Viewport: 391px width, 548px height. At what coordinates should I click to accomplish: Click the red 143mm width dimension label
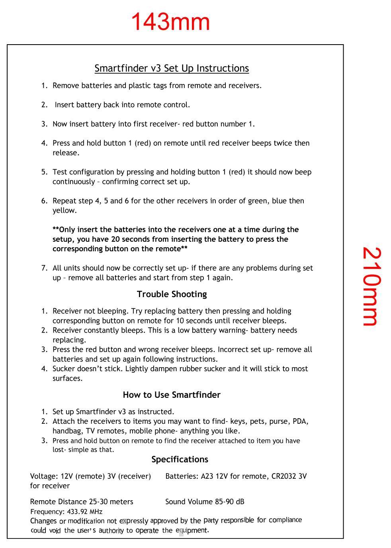(x=170, y=22)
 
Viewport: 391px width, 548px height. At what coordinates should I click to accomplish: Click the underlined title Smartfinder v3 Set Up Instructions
(x=172, y=68)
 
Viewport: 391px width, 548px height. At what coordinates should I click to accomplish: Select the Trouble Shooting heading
(x=172, y=294)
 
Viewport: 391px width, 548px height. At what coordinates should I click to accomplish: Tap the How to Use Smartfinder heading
(x=171, y=395)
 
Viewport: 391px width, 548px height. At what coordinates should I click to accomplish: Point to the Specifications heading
(x=180, y=460)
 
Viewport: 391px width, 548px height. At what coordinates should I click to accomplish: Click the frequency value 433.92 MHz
(x=84, y=512)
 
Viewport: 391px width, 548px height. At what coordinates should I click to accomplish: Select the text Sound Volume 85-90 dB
(x=205, y=502)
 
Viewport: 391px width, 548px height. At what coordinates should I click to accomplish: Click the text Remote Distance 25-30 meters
(x=82, y=502)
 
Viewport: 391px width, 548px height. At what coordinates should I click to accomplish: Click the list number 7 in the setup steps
(x=44, y=268)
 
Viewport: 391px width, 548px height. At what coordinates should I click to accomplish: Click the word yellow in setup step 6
(x=64, y=211)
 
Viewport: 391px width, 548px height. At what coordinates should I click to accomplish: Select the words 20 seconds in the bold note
(x=125, y=239)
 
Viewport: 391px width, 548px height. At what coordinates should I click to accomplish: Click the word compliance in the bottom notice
(x=285, y=520)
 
